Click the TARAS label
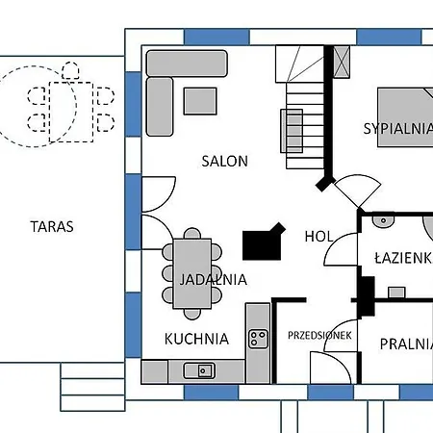coord(52,227)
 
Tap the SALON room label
coord(224,161)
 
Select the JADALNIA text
coord(212,280)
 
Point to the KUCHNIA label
coord(196,339)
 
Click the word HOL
coord(318,236)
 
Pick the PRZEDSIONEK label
coord(319,335)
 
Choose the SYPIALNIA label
coord(396,128)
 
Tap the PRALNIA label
coord(405,344)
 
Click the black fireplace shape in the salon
coord(264,242)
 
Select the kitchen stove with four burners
coord(258,338)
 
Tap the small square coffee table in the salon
coord(200,100)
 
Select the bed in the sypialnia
coord(404,116)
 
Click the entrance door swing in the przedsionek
coord(327,367)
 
